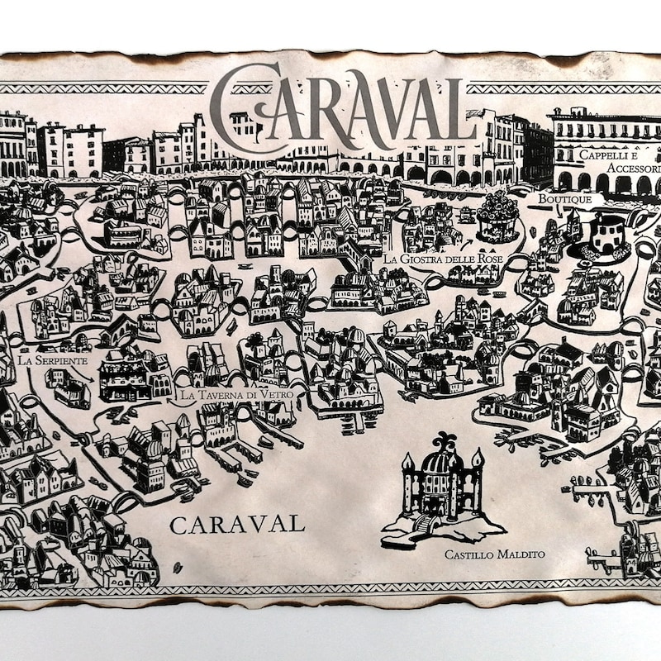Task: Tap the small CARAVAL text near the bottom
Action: tap(237, 524)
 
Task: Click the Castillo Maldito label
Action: tap(494, 554)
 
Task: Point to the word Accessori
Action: tap(633, 168)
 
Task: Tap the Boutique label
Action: tap(565, 199)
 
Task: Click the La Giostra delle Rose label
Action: tap(443, 259)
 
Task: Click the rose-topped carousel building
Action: tap(498, 216)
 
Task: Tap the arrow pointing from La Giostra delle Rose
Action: tap(468, 244)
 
